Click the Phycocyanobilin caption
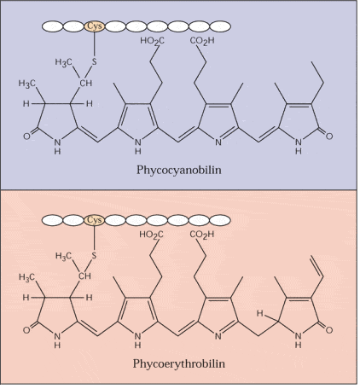tap(179, 170)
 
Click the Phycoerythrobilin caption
tap(179, 363)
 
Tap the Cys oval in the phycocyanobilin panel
tap(95, 26)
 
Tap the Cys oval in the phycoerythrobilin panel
tap(95, 220)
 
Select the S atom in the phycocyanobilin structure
tap(94, 61)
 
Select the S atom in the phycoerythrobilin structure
tap(94, 256)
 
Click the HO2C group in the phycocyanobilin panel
tap(152, 42)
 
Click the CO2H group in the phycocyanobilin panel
tap(202, 42)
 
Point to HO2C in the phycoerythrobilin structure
tap(152, 235)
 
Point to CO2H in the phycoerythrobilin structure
tap(202, 235)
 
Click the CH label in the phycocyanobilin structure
tap(85, 84)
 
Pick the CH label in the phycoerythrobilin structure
tap(85, 276)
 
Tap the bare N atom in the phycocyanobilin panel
tap(218, 142)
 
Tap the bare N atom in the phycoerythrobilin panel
tap(218, 336)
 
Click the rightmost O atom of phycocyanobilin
tap(329, 136)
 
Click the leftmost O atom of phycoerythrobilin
tap(26, 330)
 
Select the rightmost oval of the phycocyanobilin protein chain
tap(220, 26)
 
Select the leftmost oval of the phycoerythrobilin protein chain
tap(52, 220)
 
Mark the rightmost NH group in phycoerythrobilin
tap(298, 340)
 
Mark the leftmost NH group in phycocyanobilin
tap(57, 147)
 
